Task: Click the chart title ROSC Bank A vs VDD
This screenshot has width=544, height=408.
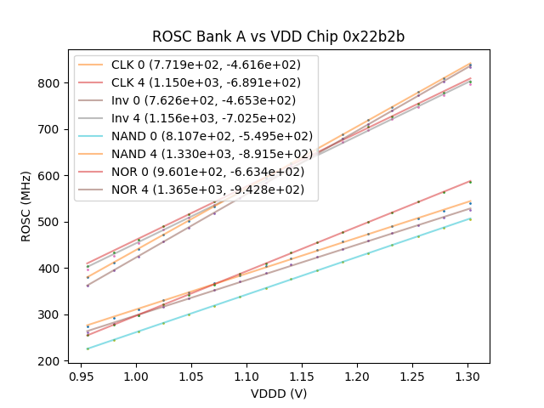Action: coord(279,37)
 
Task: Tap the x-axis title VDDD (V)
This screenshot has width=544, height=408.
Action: coord(279,394)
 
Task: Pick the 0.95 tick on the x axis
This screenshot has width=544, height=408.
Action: coord(81,375)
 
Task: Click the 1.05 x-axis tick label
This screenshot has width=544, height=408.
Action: coord(191,375)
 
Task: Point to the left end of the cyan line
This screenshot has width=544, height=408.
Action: coord(87,348)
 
